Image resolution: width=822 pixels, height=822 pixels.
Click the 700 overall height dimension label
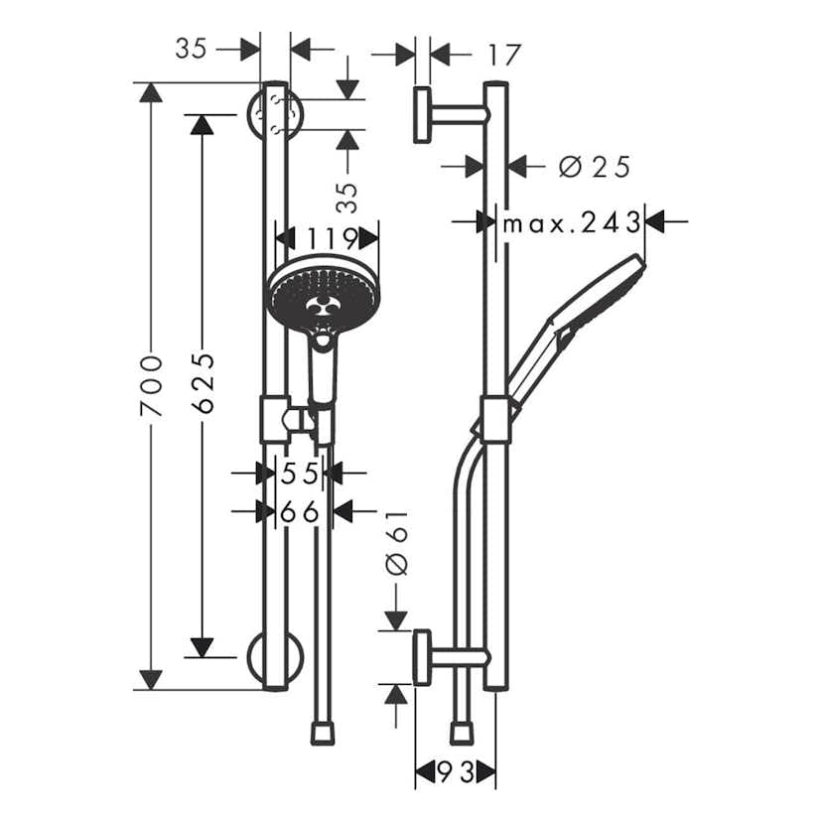tap(150, 385)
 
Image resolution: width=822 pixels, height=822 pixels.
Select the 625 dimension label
tap(202, 381)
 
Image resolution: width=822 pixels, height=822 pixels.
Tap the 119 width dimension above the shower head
tap(332, 238)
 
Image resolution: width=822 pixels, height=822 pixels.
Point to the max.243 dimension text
tap(571, 222)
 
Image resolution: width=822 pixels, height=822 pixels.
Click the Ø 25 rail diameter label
tap(594, 167)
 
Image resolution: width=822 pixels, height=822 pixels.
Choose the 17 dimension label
tap(505, 54)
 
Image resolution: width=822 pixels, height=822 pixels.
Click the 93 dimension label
tap(456, 770)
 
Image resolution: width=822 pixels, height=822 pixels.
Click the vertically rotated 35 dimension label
tap(346, 197)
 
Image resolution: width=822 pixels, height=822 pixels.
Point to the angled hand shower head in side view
tap(596, 298)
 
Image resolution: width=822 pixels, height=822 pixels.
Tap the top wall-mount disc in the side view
tap(422, 115)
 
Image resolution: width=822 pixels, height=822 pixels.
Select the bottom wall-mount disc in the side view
tap(422, 657)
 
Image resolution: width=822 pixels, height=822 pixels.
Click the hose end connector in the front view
tap(322, 733)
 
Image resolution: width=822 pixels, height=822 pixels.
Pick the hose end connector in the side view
tap(461, 733)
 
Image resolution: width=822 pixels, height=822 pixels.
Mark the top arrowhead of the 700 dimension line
tap(150, 92)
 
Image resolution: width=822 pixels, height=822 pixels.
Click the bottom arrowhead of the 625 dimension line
tap(202, 647)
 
